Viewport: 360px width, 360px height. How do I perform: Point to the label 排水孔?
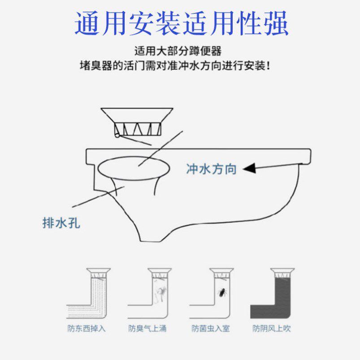click(x=61, y=223)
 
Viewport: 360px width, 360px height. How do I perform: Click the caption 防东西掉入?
click(x=86, y=329)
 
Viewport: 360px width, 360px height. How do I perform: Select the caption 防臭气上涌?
click(x=147, y=329)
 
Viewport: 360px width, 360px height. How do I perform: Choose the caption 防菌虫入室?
click(x=210, y=329)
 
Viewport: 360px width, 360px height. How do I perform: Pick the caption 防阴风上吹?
click(x=272, y=329)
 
